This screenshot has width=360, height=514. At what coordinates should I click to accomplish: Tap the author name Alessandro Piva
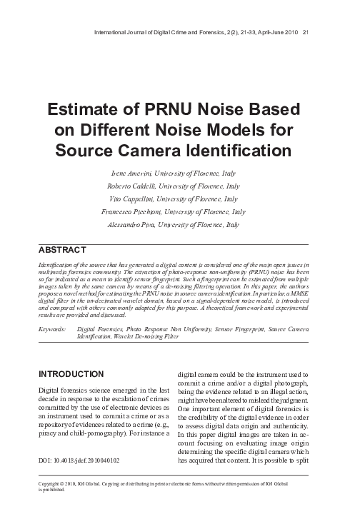coord(142,224)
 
